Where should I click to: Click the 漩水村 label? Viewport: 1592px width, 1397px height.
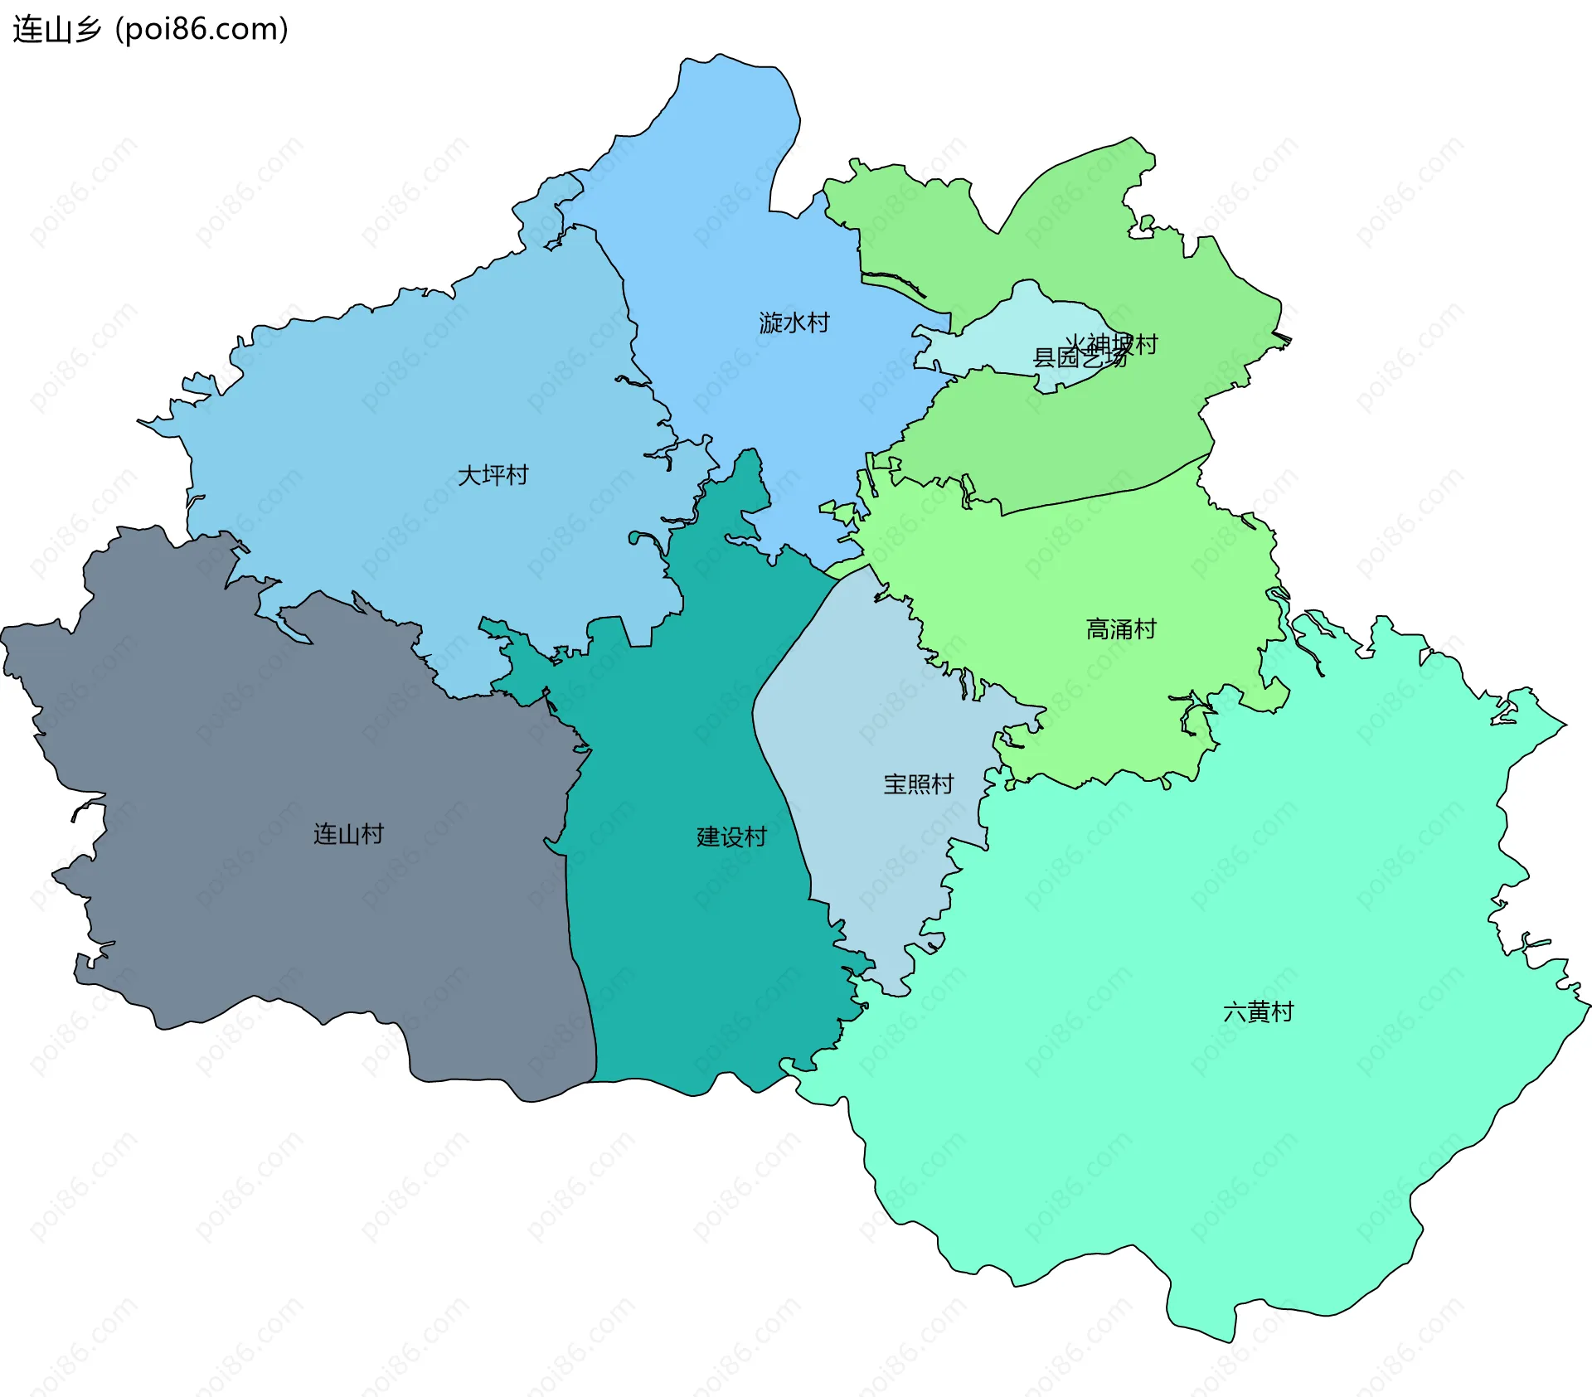pyautogui.click(x=794, y=323)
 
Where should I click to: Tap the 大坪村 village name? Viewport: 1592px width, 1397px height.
pyautogui.click(x=493, y=475)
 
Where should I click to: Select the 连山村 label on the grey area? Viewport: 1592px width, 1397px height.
pyautogui.click(x=348, y=833)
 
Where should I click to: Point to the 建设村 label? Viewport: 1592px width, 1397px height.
pyautogui.click(x=731, y=837)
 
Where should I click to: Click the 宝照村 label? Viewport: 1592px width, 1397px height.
pyautogui.click(x=918, y=783)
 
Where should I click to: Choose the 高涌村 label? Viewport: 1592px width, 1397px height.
pyautogui.click(x=1121, y=629)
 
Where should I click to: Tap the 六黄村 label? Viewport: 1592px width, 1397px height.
pyautogui.click(x=1258, y=1011)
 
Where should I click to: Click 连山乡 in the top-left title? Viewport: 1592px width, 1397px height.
pyautogui.click(x=56, y=29)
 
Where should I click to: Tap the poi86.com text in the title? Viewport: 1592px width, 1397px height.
pyautogui.click(x=201, y=29)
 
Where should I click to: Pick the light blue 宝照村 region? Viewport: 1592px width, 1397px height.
pyautogui.click(x=871, y=854)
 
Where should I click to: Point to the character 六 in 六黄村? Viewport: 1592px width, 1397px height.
pyautogui.click(x=1235, y=1011)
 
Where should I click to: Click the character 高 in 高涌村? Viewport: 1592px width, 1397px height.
pyautogui.click(x=1098, y=629)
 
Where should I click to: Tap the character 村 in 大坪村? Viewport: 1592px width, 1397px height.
pyautogui.click(x=517, y=475)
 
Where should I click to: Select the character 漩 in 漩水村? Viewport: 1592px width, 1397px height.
pyautogui.click(x=770, y=323)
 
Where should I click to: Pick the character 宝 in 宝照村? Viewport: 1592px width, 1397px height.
pyautogui.click(x=895, y=783)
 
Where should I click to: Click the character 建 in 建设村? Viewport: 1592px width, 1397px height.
pyautogui.click(x=708, y=837)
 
